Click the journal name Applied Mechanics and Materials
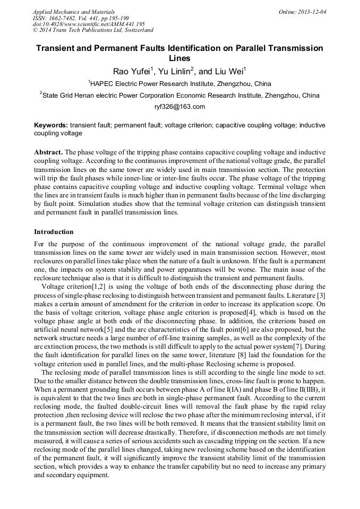(x=73, y=12)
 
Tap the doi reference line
(x=89, y=24)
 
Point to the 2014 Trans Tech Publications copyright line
(x=93, y=30)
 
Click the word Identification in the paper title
(x=194, y=48)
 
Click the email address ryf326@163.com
(x=179, y=107)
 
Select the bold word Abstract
(x=48, y=151)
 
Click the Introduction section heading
(x=54, y=232)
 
